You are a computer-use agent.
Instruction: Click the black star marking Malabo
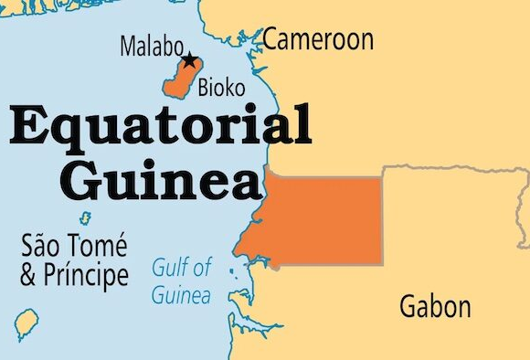click(x=188, y=61)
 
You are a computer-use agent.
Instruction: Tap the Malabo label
click(x=151, y=47)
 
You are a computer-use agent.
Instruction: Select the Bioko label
click(x=221, y=90)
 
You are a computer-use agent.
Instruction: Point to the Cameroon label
click(x=318, y=39)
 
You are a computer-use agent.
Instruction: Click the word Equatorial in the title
click(x=161, y=128)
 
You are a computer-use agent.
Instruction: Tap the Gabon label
click(x=434, y=306)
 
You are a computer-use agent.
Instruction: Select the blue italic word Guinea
click(x=181, y=295)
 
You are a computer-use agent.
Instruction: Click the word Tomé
click(x=101, y=247)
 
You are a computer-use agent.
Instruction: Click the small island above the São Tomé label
click(x=86, y=219)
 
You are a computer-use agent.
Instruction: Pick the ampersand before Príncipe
click(x=28, y=275)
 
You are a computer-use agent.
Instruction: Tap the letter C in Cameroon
click(x=271, y=39)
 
